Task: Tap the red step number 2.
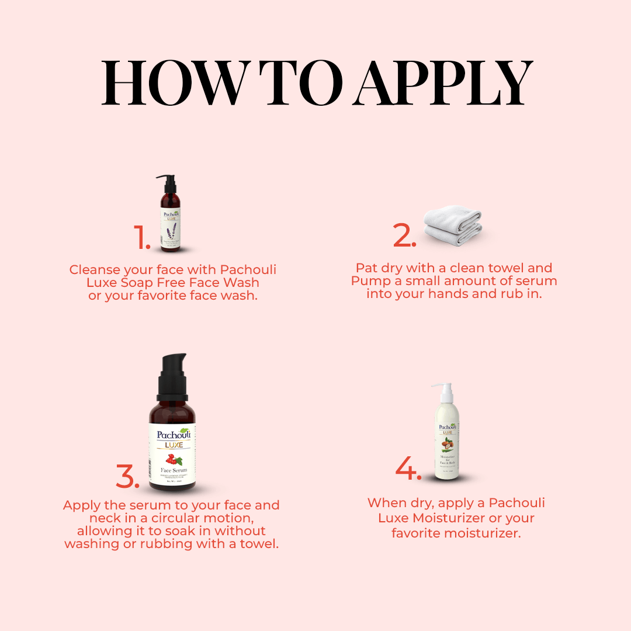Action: (x=404, y=236)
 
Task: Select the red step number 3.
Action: (x=127, y=476)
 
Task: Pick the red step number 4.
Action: (x=408, y=468)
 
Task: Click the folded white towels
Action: (x=453, y=226)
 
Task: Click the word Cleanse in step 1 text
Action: (x=93, y=270)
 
